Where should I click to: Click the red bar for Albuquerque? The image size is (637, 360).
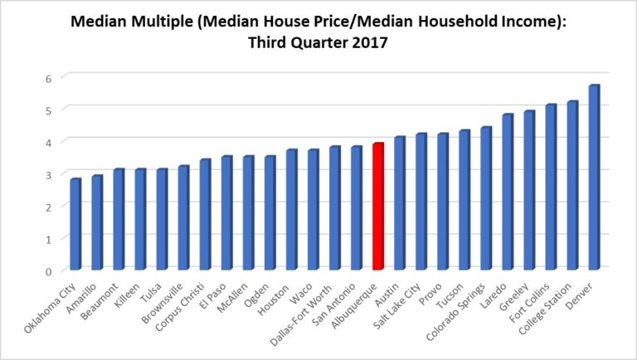click(377, 207)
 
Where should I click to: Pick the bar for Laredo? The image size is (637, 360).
click(508, 192)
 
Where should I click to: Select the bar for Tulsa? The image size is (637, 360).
click(162, 219)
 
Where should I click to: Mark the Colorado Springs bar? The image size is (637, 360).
click(486, 198)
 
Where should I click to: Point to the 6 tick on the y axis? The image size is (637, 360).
click(49, 77)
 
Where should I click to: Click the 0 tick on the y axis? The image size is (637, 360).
click(49, 270)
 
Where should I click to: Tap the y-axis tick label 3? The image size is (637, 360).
click(49, 174)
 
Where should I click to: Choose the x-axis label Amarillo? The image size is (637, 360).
click(85, 294)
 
